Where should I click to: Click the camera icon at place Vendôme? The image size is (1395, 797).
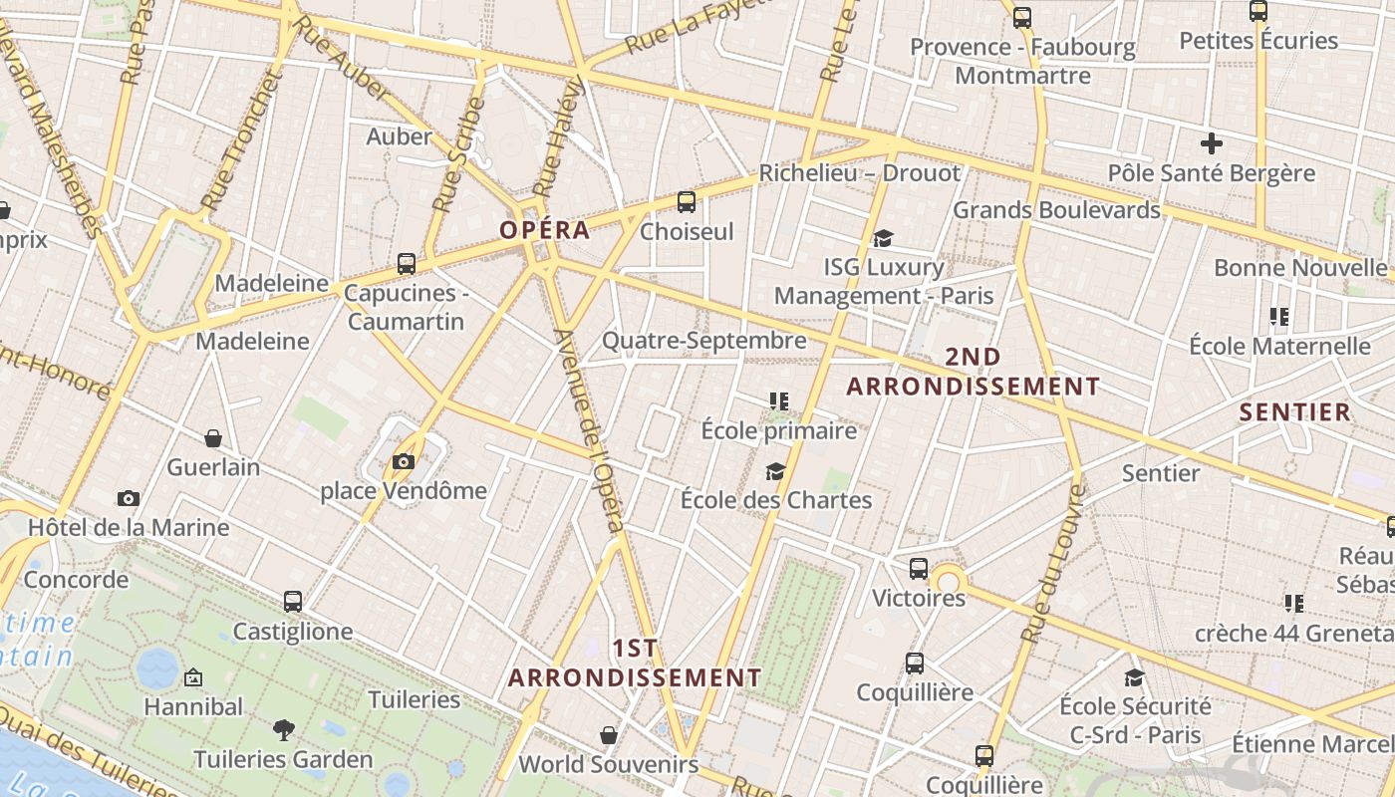pyautogui.click(x=404, y=461)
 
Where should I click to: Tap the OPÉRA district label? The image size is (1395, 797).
pyautogui.click(x=544, y=230)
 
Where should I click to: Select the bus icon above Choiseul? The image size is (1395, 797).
pyautogui.click(x=686, y=202)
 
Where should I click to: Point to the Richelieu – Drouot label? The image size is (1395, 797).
pyautogui.click(x=860, y=173)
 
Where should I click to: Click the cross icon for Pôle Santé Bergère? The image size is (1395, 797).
pyautogui.click(x=1211, y=143)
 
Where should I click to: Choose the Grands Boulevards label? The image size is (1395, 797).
pyautogui.click(x=1056, y=210)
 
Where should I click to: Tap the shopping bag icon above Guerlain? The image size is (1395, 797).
pyautogui.click(x=213, y=438)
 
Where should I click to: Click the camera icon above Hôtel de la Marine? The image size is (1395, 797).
pyautogui.click(x=128, y=498)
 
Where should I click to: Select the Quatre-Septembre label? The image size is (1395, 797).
pyautogui.click(x=704, y=341)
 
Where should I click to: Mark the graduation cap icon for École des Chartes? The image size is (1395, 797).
pyautogui.click(x=775, y=471)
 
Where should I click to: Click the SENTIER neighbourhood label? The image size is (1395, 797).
pyautogui.click(x=1294, y=412)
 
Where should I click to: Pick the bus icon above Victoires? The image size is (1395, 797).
pyautogui.click(x=918, y=569)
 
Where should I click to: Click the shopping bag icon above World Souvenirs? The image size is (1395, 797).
pyautogui.click(x=608, y=735)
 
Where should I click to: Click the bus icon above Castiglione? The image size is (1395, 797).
pyautogui.click(x=292, y=602)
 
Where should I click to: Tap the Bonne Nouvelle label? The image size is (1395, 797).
pyautogui.click(x=1299, y=268)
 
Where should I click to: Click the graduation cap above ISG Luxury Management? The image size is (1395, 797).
pyautogui.click(x=883, y=238)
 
